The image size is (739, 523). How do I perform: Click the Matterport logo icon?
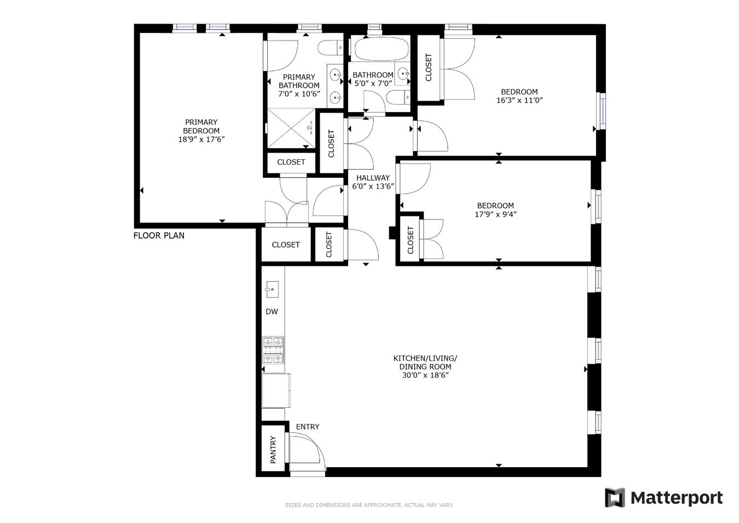(x=614, y=498)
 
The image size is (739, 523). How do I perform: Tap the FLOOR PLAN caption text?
(x=159, y=236)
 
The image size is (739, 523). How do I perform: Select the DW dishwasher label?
(x=272, y=312)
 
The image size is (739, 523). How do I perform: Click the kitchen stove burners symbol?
(x=273, y=350)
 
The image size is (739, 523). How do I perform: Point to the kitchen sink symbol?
(x=272, y=289)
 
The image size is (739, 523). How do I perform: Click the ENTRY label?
(x=308, y=427)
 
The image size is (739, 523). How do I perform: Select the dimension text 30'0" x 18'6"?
(x=425, y=375)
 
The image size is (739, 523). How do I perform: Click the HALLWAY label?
(x=373, y=178)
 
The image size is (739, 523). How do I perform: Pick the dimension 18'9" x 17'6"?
(x=201, y=140)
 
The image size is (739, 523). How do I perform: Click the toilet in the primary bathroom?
(x=330, y=48)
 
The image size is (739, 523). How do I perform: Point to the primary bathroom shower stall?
(x=291, y=128)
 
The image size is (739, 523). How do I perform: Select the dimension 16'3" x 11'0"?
(x=519, y=101)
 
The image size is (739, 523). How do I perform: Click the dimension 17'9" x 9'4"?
(x=495, y=214)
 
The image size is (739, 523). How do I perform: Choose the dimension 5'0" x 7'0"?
(x=373, y=84)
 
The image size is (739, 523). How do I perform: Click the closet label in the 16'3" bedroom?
(x=429, y=67)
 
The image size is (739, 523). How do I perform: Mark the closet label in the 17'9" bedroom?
(x=411, y=240)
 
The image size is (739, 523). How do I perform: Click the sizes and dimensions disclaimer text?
(x=369, y=505)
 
